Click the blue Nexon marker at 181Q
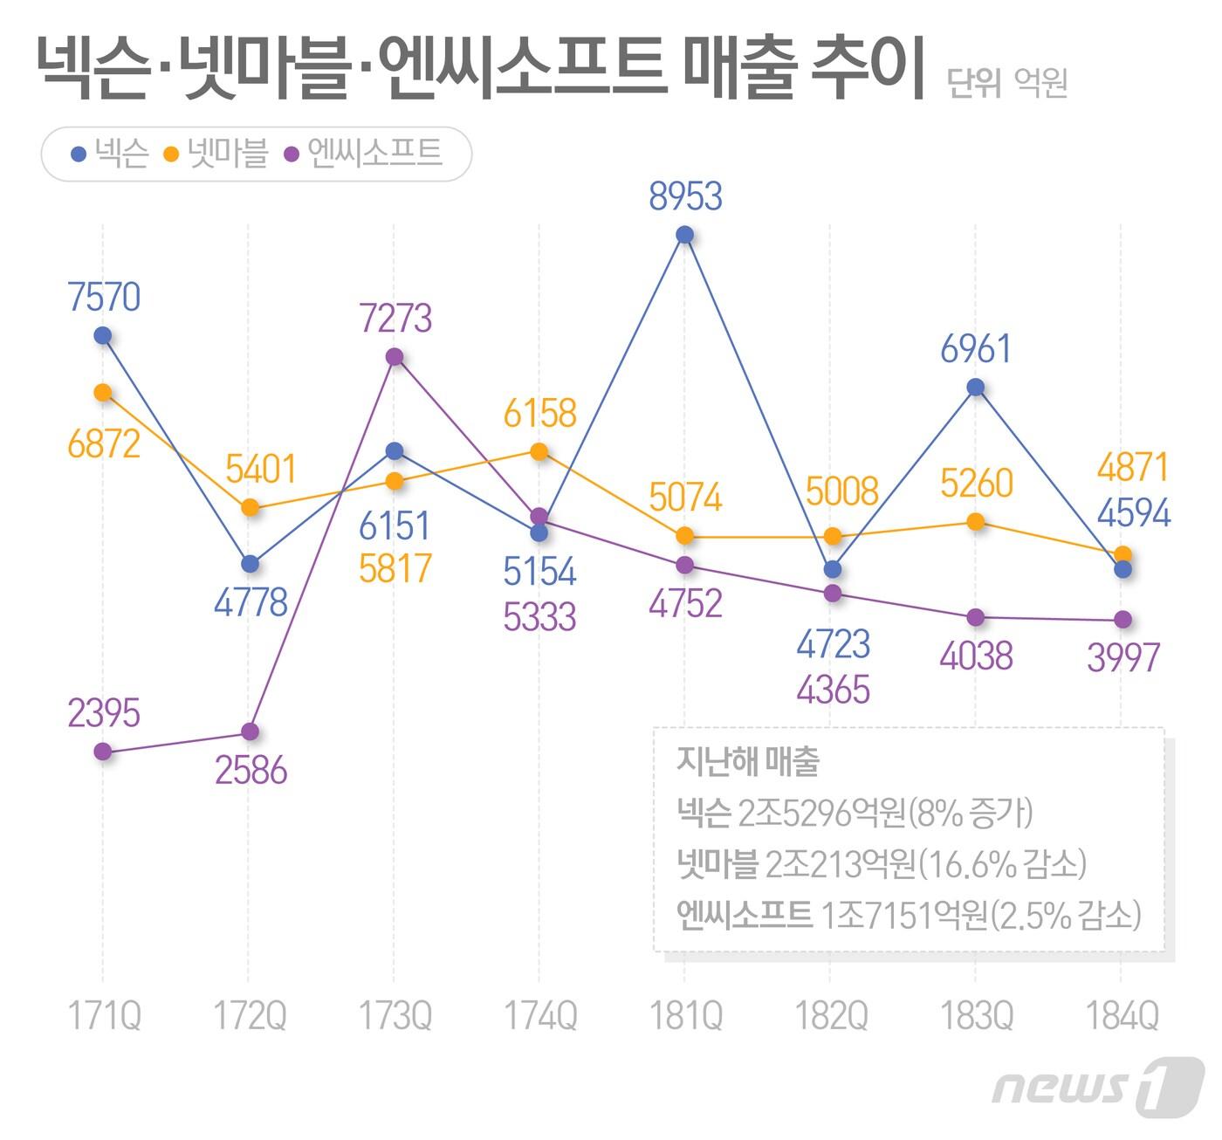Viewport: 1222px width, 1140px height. click(x=685, y=235)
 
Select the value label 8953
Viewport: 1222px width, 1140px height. click(x=685, y=196)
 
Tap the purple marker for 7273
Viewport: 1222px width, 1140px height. click(x=395, y=357)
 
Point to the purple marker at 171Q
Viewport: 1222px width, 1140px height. click(x=103, y=752)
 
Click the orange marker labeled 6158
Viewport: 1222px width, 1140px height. click(x=539, y=451)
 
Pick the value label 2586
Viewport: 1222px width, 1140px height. click(x=251, y=771)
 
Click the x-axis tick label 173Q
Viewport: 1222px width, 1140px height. click(x=395, y=1016)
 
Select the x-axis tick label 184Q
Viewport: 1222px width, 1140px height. click(x=1122, y=1016)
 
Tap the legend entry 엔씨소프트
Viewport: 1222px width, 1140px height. click(x=374, y=154)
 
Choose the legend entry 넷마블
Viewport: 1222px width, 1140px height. click(x=228, y=154)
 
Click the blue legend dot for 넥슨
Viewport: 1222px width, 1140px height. click(x=79, y=155)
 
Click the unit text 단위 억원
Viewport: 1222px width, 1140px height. click(x=1007, y=84)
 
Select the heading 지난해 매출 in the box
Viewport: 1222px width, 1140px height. click(x=748, y=761)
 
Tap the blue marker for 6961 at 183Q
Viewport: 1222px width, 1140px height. click(x=976, y=388)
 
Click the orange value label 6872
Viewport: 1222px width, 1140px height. click(x=104, y=444)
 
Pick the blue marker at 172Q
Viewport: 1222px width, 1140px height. click(x=250, y=565)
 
